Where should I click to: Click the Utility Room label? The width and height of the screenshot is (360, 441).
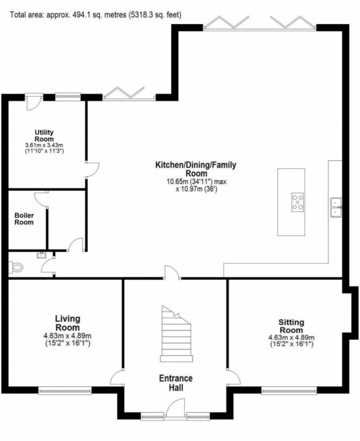tap(44, 136)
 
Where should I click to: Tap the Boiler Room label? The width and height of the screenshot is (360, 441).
tap(24, 219)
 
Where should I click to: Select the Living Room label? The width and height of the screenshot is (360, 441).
tap(67, 323)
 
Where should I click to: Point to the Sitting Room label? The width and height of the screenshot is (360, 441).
tap(291, 326)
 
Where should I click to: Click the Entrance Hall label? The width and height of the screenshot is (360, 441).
tap(176, 383)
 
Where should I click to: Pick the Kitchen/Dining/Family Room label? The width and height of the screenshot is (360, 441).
tap(196, 169)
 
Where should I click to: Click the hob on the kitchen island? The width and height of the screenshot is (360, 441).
tap(298, 202)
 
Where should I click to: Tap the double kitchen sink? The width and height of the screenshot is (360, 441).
tap(336, 207)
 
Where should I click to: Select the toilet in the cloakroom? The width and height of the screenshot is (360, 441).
tap(17, 267)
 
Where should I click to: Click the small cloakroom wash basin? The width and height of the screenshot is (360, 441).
tap(41, 255)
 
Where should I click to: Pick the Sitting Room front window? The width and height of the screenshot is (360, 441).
tap(289, 390)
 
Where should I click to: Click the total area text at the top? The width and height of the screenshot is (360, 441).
tap(96, 15)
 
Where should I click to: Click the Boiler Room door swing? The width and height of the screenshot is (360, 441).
tap(41, 198)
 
